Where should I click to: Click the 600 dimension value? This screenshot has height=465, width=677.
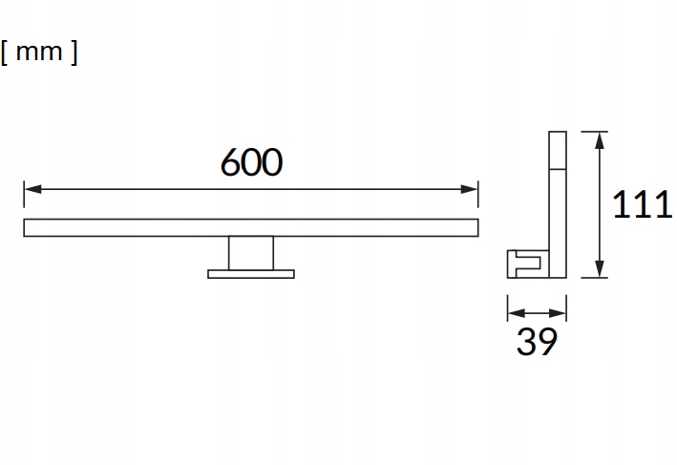[251, 163]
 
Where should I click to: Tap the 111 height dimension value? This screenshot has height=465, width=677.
[643, 205]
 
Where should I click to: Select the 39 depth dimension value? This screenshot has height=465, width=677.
[536, 342]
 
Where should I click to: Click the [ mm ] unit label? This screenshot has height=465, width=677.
[40, 53]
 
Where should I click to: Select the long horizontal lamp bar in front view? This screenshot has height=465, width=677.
[250, 227]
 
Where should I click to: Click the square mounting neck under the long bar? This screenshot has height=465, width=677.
[250, 253]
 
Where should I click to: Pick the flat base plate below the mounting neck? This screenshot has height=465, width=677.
[250, 274]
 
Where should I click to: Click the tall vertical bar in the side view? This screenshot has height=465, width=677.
[557, 201]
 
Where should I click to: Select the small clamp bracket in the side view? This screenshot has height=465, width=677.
[524, 262]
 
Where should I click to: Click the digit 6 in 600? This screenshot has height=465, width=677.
[231, 163]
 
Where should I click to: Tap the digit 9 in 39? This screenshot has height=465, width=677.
[546, 342]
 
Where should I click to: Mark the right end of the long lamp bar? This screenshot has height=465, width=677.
[475, 227]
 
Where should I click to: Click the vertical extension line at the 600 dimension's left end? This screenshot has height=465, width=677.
[24, 196]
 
